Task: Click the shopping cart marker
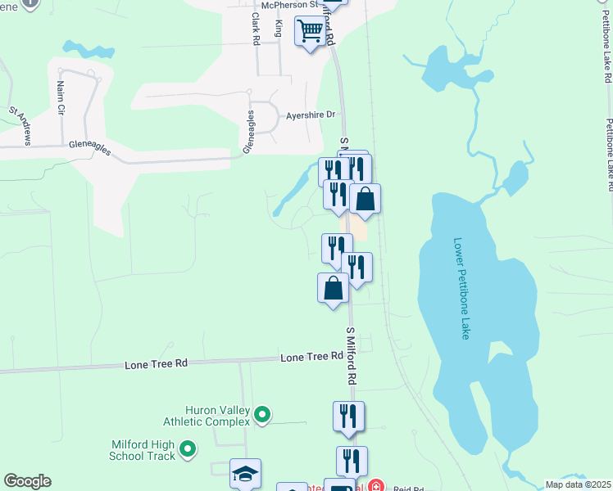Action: coord(311,33)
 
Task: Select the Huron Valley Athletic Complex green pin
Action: coord(262,416)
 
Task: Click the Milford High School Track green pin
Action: coord(188,448)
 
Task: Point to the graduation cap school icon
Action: coord(245,474)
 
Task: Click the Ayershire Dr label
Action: coord(311,115)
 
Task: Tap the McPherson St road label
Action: coord(284,4)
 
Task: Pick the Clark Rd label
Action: coord(256,29)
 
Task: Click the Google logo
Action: coord(27,481)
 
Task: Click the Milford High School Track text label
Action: coord(143,450)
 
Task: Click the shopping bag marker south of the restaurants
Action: coord(333,289)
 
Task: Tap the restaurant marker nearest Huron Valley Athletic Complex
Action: coord(348,417)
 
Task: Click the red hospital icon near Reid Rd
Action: coord(375,485)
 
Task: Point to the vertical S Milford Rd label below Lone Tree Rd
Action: coord(351,357)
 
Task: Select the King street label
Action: coord(279,29)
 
